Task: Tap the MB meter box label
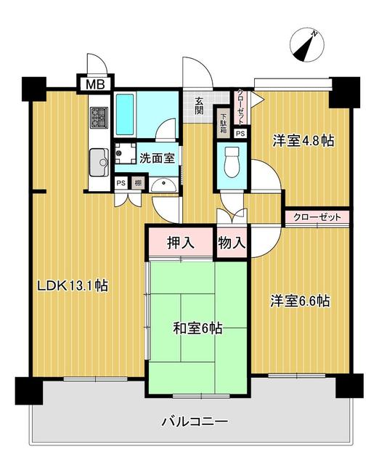click(x=96, y=84)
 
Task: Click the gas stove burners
click(x=99, y=117)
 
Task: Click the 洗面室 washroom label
click(x=156, y=157)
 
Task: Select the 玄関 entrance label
click(x=199, y=105)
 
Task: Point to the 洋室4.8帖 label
click(x=303, y=141)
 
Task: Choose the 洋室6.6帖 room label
click(x=301, y=300)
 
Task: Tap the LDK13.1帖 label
click(x=73, y=286)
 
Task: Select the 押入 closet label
click(x=182, y=242)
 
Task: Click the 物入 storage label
click(x=232, y=242)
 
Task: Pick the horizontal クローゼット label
click(x=317, y=217)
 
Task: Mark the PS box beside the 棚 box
click(x=121, y=182)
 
